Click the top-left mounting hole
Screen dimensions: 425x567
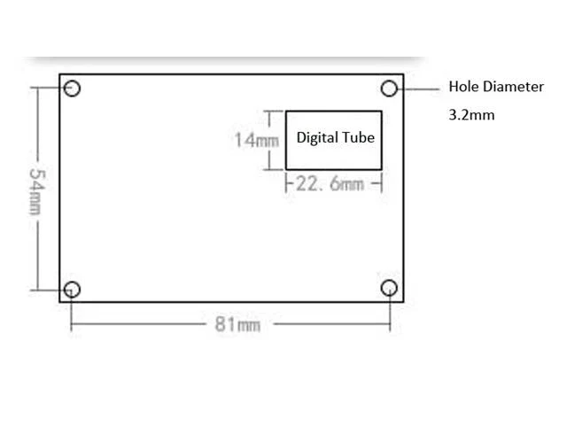[73, 88]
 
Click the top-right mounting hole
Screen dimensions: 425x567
[389, 88]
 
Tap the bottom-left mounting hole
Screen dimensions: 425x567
[73, 289]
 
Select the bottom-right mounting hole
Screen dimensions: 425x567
[389, 289]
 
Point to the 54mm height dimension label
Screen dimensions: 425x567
[36, 189]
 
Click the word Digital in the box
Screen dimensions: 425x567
[316, 138]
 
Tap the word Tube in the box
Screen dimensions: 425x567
[359, 138]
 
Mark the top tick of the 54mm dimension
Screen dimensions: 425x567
[36, 87]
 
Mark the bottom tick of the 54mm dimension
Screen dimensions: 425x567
[36, 290]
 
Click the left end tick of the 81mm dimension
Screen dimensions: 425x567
[72, 323]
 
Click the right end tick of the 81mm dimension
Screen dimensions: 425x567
[389, 323]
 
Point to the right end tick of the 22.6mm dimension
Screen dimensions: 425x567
[381, 183]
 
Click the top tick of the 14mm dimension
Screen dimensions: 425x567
[274, 112]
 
